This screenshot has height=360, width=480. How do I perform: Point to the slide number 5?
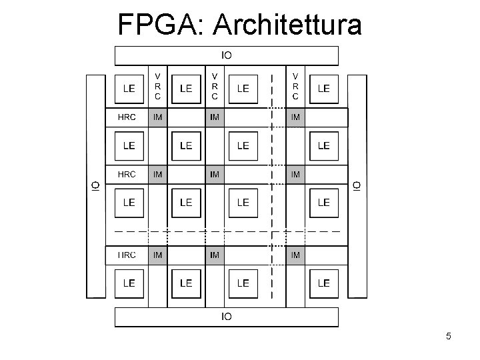(x=449, y=337)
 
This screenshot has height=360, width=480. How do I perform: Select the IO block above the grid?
(x=227, y=55)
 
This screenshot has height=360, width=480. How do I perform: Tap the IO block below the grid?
(x=227, y=317)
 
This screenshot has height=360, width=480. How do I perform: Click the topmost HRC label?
(x=127, y=117)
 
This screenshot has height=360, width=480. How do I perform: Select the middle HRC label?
(x=127, y=175)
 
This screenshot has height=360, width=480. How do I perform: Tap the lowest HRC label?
(x=127, y=255)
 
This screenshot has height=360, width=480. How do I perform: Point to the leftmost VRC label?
(x=158, y=87)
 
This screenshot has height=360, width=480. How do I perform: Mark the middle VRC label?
(x=215, y=87)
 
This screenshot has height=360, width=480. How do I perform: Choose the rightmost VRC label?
(x=295, y=87)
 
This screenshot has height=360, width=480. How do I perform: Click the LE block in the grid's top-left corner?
(x=129, y=88)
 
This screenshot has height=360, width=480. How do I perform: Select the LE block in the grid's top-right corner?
(x=323, y=88)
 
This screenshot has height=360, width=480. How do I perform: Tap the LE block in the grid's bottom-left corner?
(x=129, y=283)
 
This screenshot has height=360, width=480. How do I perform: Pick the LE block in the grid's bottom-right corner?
(x=323, y=283)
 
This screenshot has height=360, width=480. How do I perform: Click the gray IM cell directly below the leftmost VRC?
(x=158, y=118)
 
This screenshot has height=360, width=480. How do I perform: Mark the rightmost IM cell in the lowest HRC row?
(x=295, y=255)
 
